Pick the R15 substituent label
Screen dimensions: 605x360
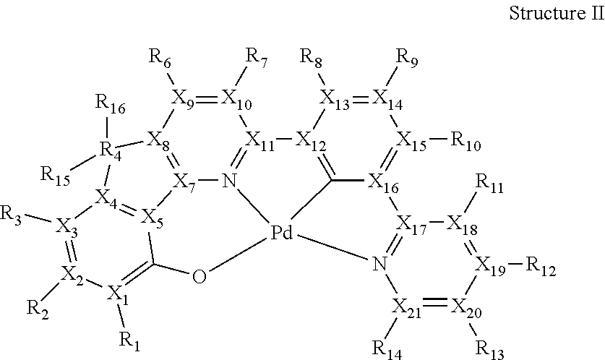pyautogui.click(x=56, y=176)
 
